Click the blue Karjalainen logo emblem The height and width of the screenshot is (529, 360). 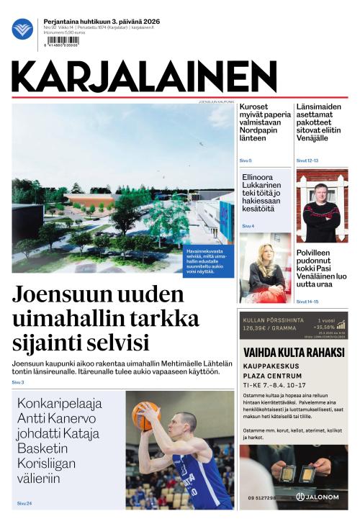pyautogui.click(x=22, y=30)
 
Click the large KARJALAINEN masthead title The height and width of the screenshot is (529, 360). pyautogui.click(x=143, y=76)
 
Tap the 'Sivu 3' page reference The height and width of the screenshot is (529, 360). pyautogui.click(x=18, y=382)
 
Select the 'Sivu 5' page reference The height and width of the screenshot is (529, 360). pyautogui.click(x=246, y=159)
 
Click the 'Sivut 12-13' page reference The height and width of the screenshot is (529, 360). pyautogui.click(x=307, y=160)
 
